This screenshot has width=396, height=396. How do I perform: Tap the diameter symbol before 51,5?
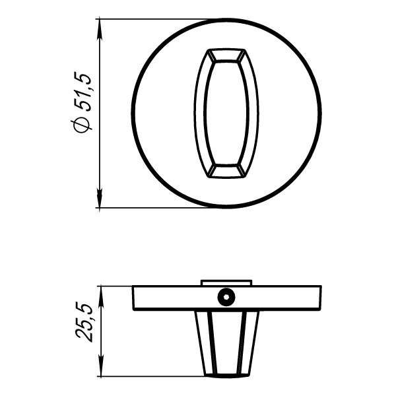coord(82,125)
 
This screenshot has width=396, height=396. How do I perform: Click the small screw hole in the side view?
coord(226,297)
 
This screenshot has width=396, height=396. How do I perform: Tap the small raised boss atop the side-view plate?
coord(226,282)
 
